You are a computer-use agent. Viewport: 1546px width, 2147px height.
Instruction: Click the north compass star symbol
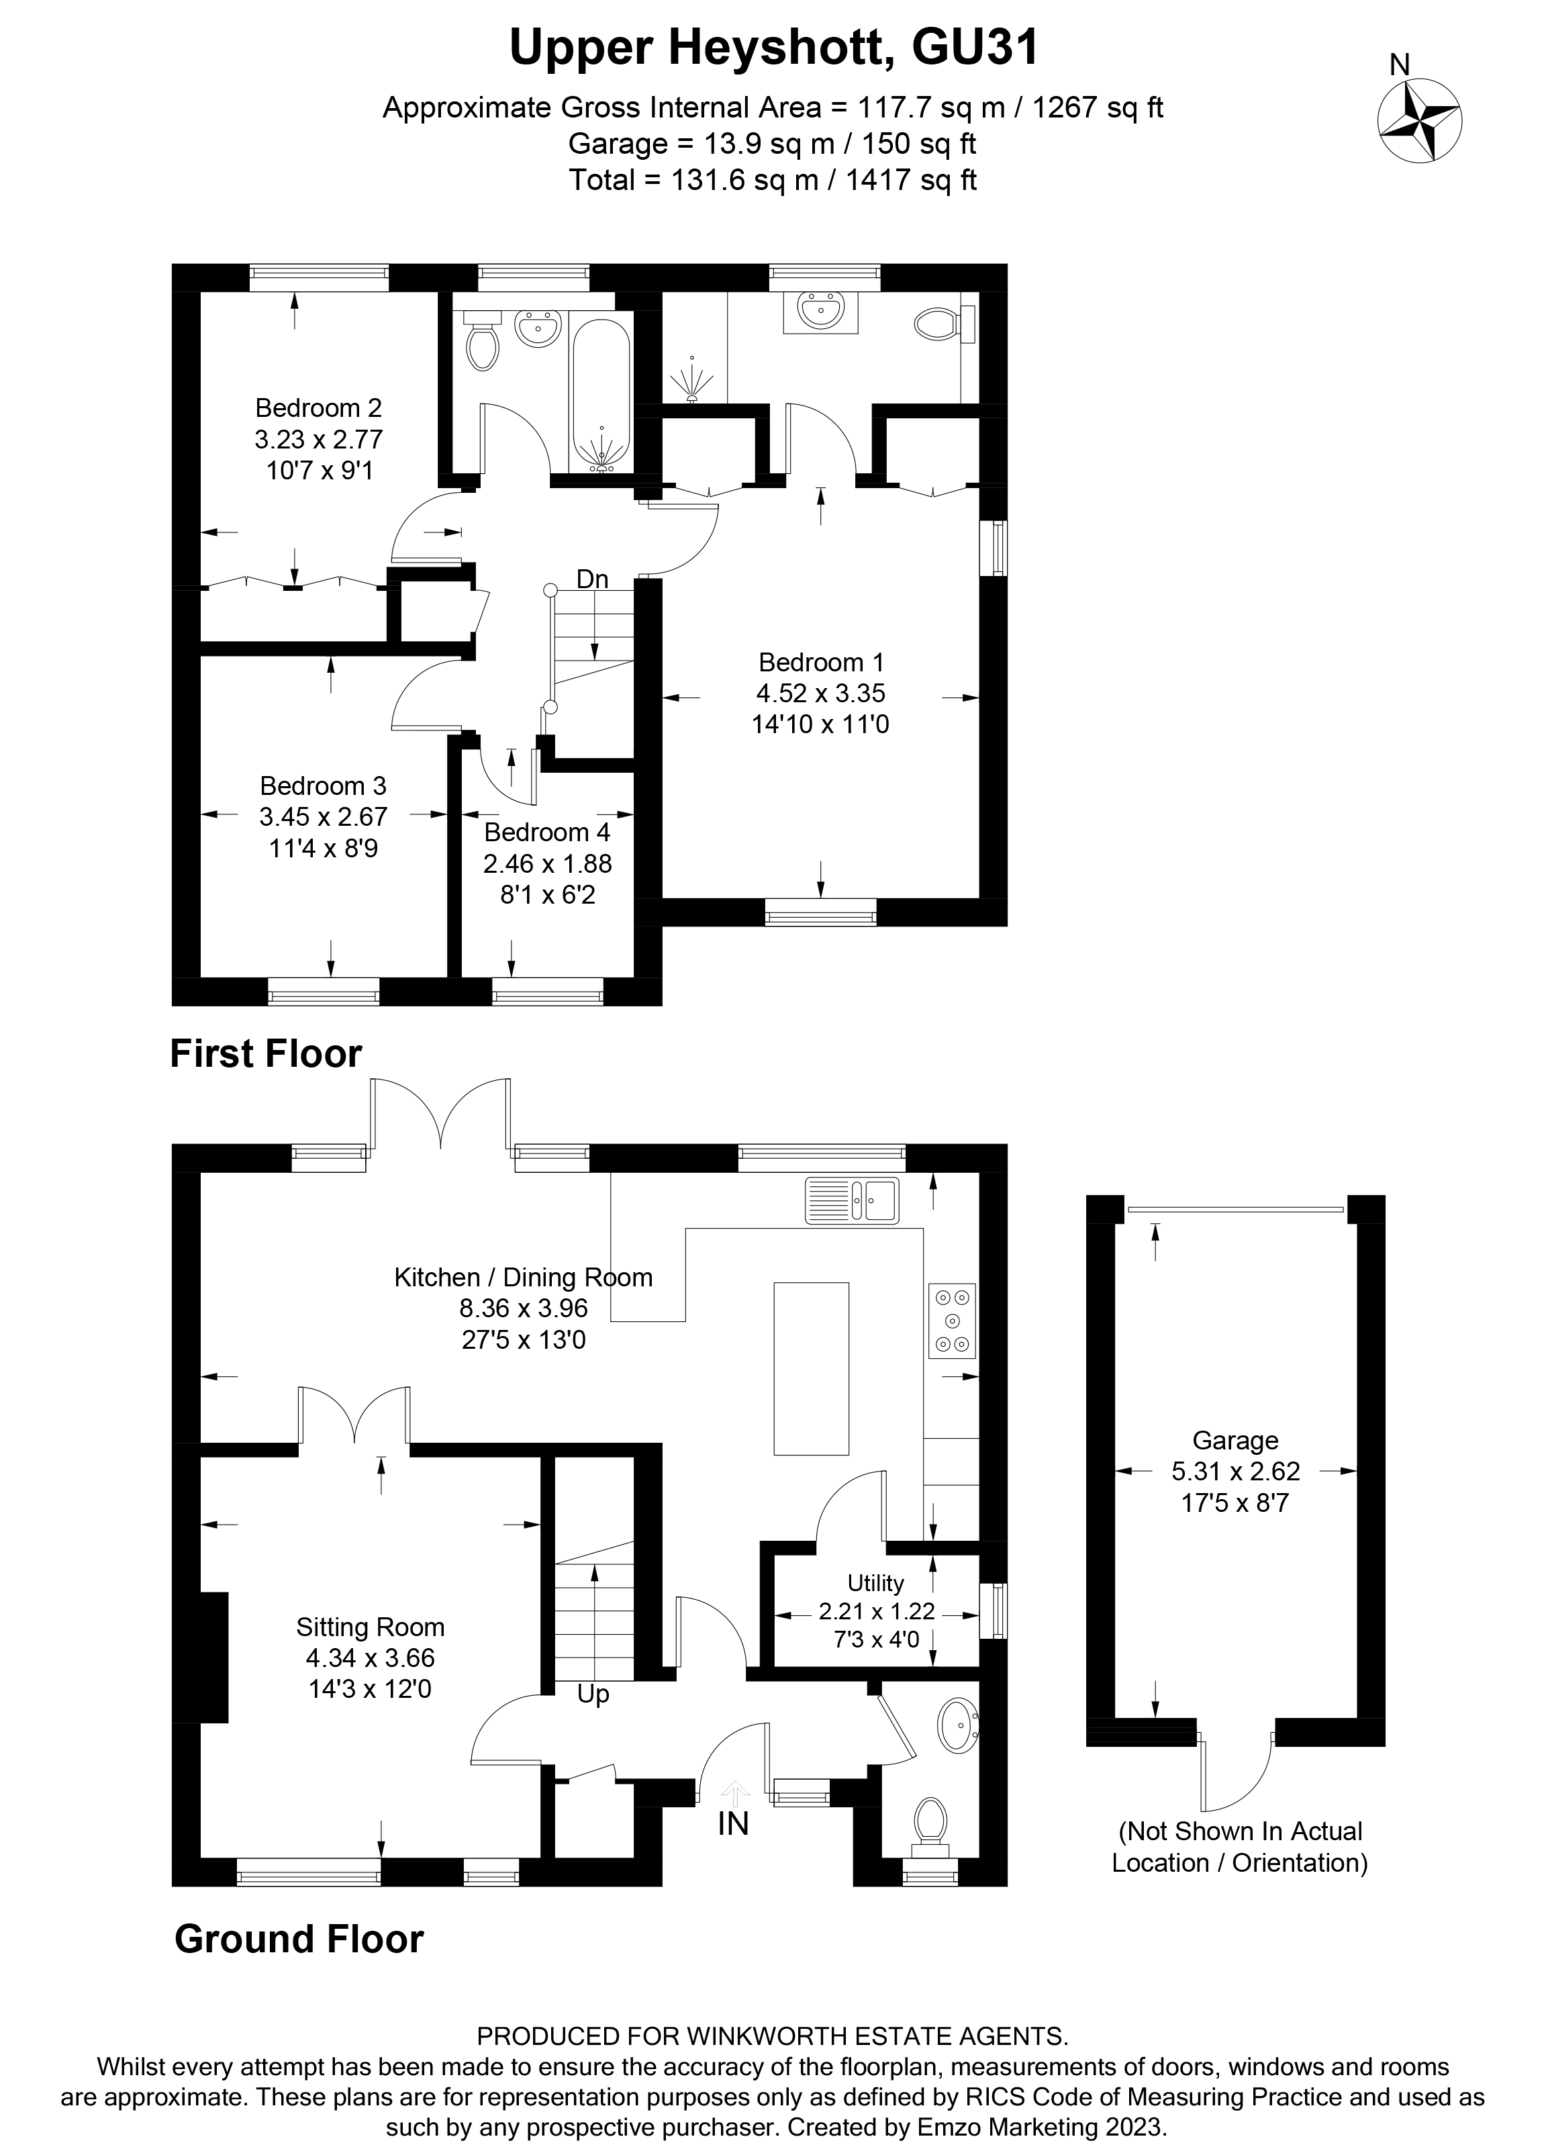[x=1418, y=121]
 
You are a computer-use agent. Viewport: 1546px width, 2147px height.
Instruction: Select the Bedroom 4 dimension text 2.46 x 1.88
[x=547, y=863]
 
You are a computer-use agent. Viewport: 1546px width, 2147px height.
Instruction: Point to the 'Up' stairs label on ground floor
[x=593, y=1694]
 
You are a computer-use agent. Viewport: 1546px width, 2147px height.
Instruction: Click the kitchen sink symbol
[x=852, y=1200]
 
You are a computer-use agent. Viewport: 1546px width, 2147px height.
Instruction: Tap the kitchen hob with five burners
[x=951, y=1321]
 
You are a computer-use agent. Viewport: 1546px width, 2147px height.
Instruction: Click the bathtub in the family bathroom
[x=601, y=393]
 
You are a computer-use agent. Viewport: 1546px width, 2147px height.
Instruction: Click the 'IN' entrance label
[x=733, y=1823]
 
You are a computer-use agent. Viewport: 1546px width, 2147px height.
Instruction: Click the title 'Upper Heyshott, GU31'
[x=773, y=48]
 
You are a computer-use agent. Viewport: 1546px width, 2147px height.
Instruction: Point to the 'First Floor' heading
[x=266, y=1053]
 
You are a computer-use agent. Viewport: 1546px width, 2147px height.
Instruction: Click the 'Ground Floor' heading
[x=298, y=1940]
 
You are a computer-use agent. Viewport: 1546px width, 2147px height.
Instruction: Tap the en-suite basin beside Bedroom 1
[x=820, y=309]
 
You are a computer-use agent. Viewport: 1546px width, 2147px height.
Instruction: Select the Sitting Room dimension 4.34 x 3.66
[x=369, y=1658]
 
